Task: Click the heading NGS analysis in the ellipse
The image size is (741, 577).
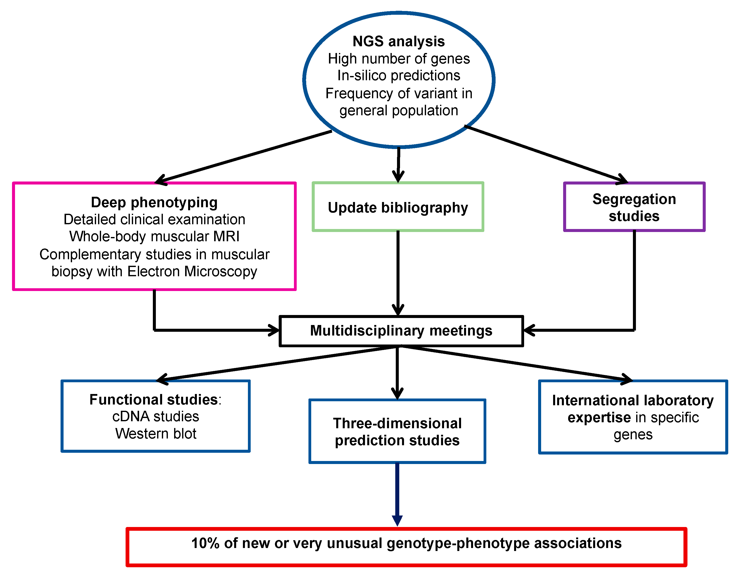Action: click(399, 41)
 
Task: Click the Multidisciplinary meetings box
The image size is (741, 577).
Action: click(401, 330)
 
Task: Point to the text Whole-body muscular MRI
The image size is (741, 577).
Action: click(154, 236)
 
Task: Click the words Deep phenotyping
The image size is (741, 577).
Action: click(154, 202)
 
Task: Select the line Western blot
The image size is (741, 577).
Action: click(156, 433)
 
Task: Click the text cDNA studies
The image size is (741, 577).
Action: click(156, 416)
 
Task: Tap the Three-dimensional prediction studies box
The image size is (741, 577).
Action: click(397, 431)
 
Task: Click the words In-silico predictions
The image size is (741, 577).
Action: click(399, 75)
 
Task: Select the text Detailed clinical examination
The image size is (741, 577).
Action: click(154, 219)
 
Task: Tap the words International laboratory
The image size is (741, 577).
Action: click(633, 400)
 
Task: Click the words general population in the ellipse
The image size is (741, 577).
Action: click(399, 110)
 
